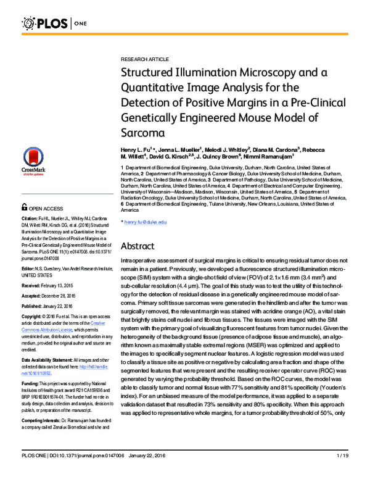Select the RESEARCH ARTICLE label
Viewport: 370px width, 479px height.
tap(144, 59)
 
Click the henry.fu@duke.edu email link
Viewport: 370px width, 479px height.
tap(146, 222)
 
